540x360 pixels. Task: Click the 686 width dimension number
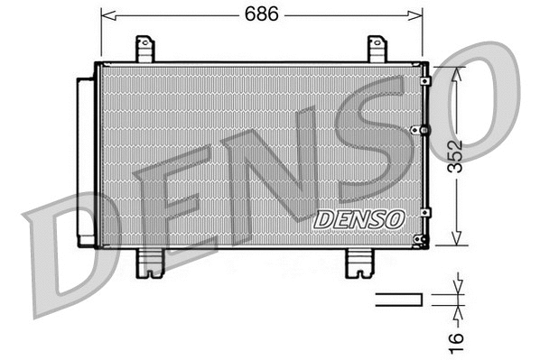coord(261,14)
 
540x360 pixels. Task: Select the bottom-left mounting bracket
coord(148,262)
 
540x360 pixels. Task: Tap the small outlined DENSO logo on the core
coord(359,217)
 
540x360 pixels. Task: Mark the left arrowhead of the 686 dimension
coord(107,15)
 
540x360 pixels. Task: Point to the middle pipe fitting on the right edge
coord(415,131)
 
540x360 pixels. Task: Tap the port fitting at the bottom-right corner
coord(417,239)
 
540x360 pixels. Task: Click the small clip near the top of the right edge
coord(425,81)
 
